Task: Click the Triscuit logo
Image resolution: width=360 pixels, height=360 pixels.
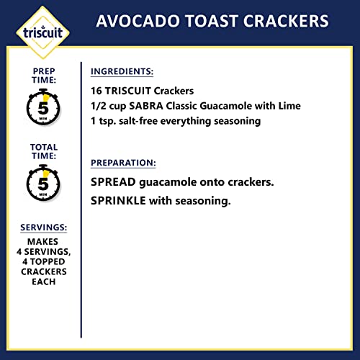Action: pyautogui.click(x=42, y=33)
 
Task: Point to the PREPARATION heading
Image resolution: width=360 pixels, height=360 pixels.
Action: pyautogui.click(x=123, y=163)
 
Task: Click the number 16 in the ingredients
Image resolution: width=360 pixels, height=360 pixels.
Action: pyautogui.click(x=98, y=92)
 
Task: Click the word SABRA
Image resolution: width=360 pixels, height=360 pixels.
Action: pyautogui.click(x=148, y=107)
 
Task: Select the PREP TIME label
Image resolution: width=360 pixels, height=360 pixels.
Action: pyautogui.click(x=43, y=77)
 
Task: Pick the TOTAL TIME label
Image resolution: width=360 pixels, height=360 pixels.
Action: pyautogui.click(x=43, y=152)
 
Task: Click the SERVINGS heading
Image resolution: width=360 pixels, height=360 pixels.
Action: pyautogui.click(x=43, y=228)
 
